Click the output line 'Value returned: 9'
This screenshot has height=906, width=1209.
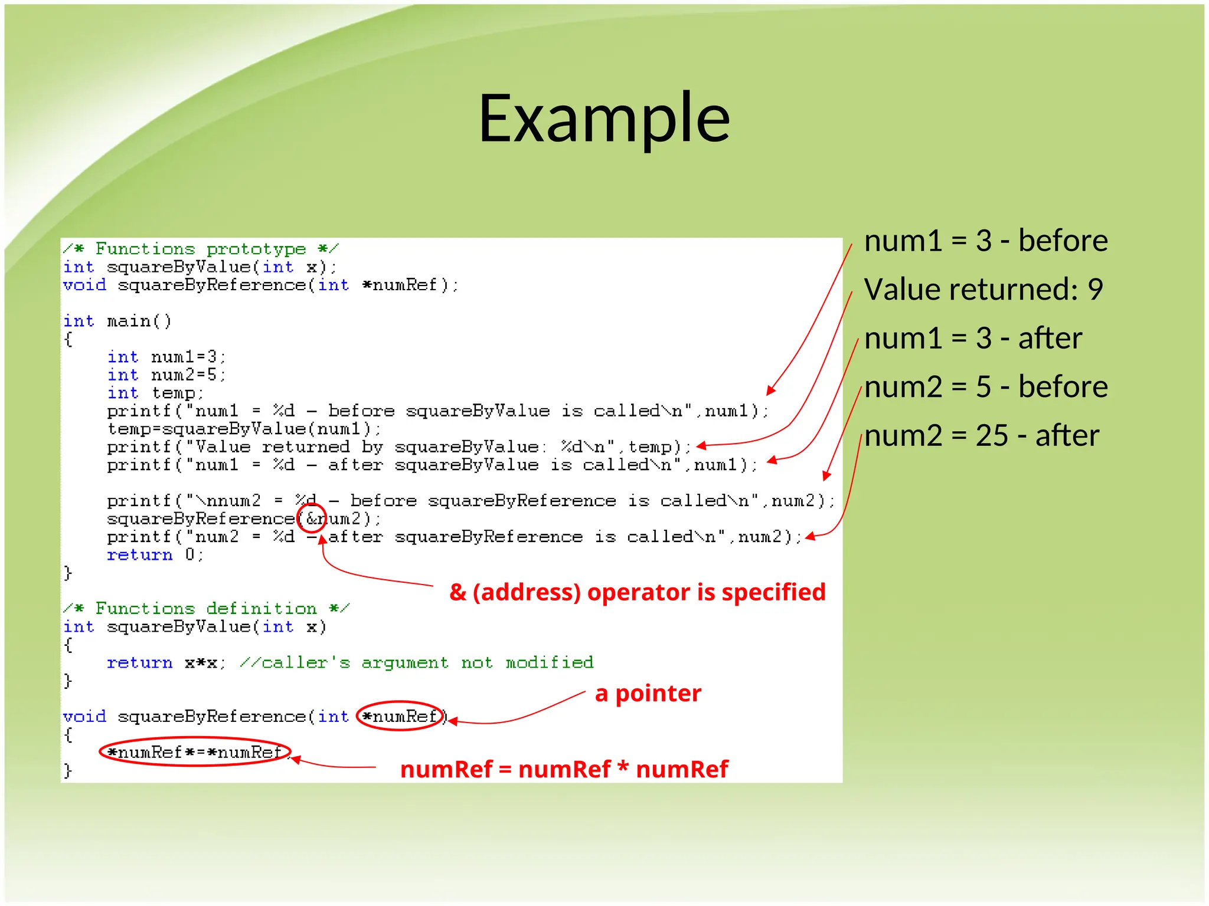[x=983, y=290]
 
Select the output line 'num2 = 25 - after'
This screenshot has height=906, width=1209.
[x=981, y=436]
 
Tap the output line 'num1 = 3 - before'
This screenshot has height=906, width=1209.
[x=985, y=241]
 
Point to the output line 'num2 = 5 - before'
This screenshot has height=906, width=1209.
[x=985, y=387]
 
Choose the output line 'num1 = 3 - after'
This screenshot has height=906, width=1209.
[x=972, y=339]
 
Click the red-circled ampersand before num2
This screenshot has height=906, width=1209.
[x=312, y=519]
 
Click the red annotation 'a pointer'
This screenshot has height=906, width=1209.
[x=648, y=693]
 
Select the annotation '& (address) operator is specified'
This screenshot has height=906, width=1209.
[x=637, y=592]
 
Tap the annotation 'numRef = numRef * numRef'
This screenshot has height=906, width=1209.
[x=564, y=769]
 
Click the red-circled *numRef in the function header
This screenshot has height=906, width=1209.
[x=400, y=717]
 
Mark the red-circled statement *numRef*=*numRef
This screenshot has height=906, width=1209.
[x=195, y=752]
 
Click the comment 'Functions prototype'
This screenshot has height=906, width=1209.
[x=201, y=249]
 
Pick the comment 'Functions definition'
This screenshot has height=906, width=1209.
[x=206, y=609]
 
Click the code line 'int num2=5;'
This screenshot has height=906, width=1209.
[x=166, y=375]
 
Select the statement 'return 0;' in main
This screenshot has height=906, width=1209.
[x=155, y=555]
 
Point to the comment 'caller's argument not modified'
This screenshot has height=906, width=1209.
[x=416, y=663]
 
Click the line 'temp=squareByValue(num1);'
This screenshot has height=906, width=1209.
[x=244, y=429]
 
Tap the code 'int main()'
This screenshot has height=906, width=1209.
[x=117, y=321]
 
